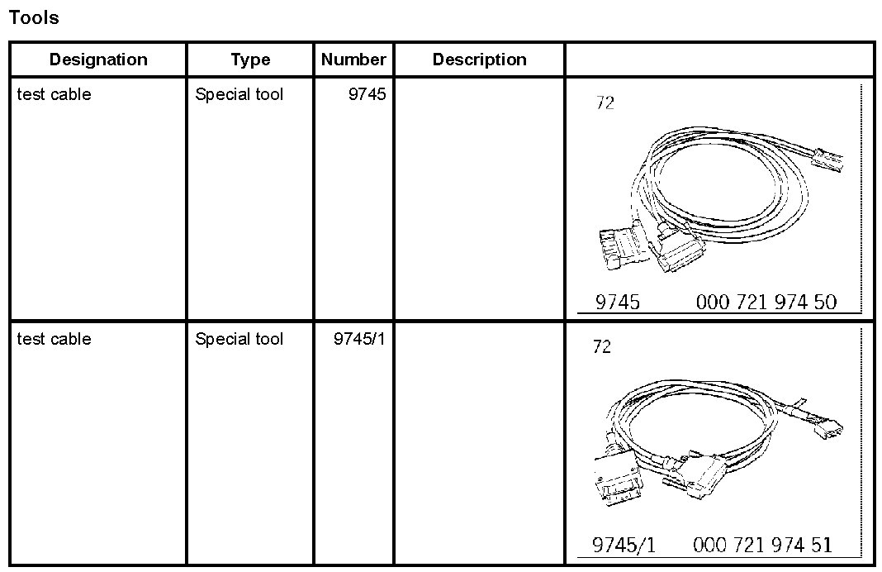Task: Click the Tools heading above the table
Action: click(x=34, y=17)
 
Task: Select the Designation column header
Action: click(x=98, y=60)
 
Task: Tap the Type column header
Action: click(x=250, y=60)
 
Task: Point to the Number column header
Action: click(x=353, y=60)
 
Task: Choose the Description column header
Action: click(x=479, y=60)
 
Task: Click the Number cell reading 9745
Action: click(x=367, y=94)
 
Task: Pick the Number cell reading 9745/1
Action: click(x=359, y=339)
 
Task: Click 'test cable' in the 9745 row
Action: click(x=54, y=94)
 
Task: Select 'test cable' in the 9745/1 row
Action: click(x=54, y=339)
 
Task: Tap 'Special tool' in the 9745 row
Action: click(x=239, y=94)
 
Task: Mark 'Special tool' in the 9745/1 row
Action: click(x=239, y=339)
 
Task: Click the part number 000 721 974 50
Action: click(x=766, y=303)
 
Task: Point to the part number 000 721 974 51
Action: click(x=763, y=546)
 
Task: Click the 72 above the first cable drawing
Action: click(x=605, y=104)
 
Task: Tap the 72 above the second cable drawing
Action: click(x=602, y=347)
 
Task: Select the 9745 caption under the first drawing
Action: click(x=618, y=303)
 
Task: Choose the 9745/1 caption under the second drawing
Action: click(x=624, y=546)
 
